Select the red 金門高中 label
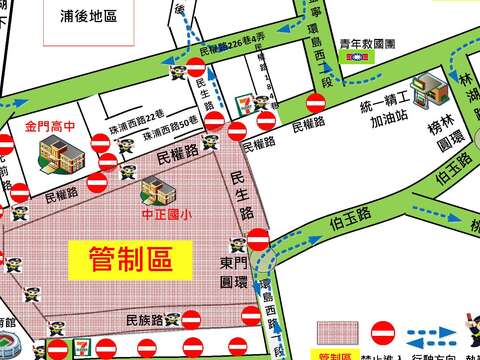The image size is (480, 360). (x=49, y=127)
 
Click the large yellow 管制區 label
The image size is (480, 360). (x=126, y=257)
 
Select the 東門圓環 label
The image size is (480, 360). (x=232, y=271)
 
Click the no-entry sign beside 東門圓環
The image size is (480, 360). (x=257, y=240)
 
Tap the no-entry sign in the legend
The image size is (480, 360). (x=383, y=331)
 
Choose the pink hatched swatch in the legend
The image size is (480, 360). (x=336, y=332)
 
